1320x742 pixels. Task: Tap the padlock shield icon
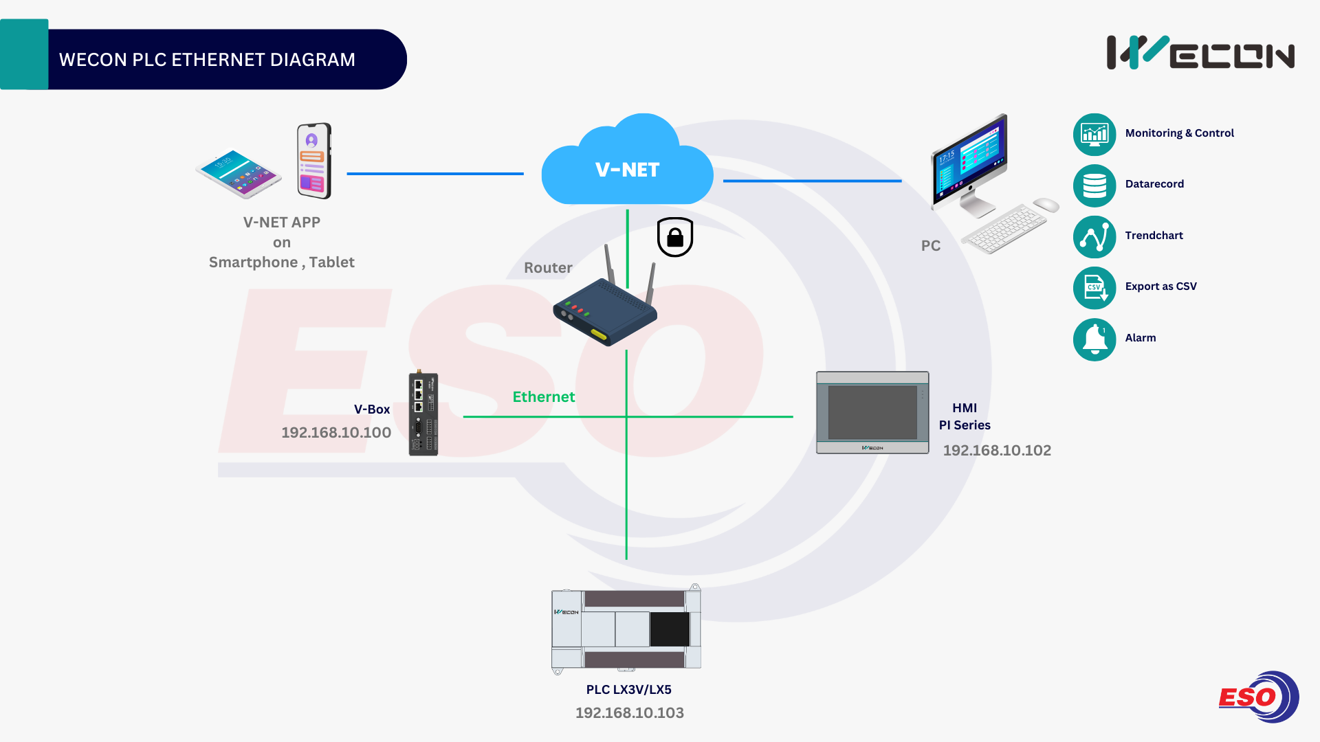675,237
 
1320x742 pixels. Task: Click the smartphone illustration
314,161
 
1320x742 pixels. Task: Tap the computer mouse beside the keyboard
1046,205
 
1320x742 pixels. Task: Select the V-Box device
423,414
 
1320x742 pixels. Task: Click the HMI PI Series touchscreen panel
872,412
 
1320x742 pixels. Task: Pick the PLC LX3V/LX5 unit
626,629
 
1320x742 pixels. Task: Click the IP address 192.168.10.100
336,433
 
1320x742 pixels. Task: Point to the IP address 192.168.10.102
997,451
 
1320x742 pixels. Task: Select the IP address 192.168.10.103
630,713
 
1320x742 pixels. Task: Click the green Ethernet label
543,397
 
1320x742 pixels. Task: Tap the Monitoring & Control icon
1094,134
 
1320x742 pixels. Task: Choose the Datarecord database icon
1094,185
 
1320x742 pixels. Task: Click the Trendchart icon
1094,237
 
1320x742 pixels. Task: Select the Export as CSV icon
1094,288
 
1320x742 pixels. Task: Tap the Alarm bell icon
1094,339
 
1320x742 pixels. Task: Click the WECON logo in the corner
1200,53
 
